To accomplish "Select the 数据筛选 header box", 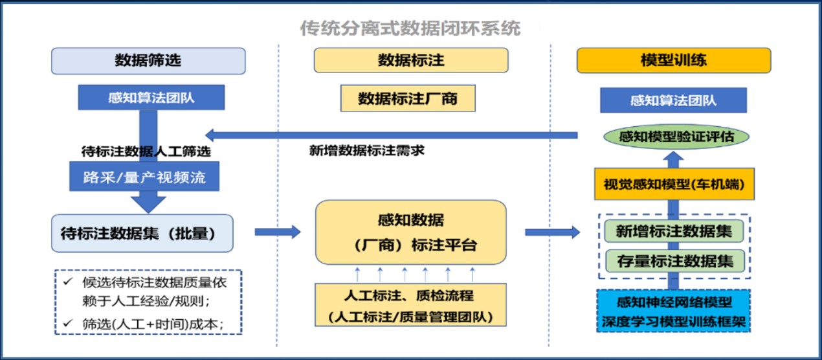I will [x=148, y=61].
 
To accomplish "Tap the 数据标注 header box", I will [x=411, y=61].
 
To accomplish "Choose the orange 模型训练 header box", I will [x=673, y=61].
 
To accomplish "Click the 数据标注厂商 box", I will [x=408, y=99].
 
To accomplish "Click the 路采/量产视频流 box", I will [x=144, y=177].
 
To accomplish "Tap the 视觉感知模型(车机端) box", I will [x=673, y=185].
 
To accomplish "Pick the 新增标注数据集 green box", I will [x=673, y=231].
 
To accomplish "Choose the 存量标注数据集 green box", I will [x=673, y=262].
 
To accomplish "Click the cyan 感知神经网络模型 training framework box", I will [x=673, y=311].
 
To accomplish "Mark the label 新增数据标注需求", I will [x=367, y=151].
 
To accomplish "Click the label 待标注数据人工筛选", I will [x=148, y=151].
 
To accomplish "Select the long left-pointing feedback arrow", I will [x=388, y=135].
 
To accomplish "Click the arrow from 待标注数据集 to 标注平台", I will [x=278, y=232].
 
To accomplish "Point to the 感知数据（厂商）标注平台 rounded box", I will [x=411, y=232].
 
